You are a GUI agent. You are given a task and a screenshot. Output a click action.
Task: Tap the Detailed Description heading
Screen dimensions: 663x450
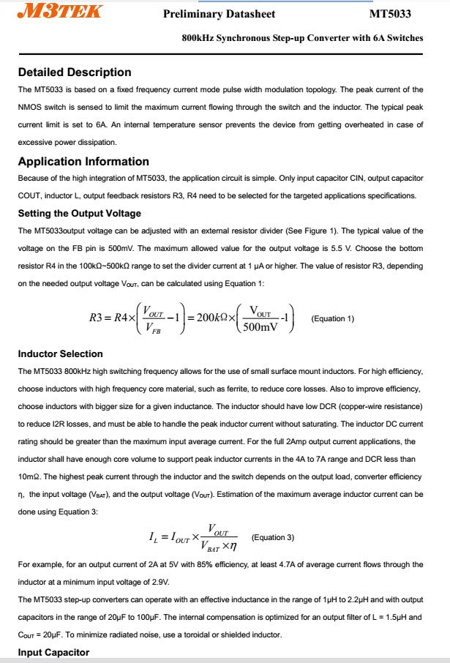pos(75,72)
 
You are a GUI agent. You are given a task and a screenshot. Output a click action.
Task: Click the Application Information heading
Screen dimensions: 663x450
pos(83,161)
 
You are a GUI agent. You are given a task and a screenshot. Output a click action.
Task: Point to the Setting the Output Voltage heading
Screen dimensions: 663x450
pos(80,214)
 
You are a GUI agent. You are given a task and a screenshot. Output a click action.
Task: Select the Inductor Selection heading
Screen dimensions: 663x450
pos(60,354)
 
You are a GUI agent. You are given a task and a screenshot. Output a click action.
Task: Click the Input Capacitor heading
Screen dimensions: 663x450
pos(53,652)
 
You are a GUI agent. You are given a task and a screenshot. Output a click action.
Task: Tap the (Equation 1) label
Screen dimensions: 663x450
pos(332,318)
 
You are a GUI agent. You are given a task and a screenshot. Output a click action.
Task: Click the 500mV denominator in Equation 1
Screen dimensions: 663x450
pos(260,327)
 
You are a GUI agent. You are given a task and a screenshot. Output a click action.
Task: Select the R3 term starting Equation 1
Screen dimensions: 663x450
pos(100,318)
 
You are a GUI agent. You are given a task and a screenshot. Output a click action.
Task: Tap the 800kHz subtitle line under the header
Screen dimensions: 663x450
pos(302,38)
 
